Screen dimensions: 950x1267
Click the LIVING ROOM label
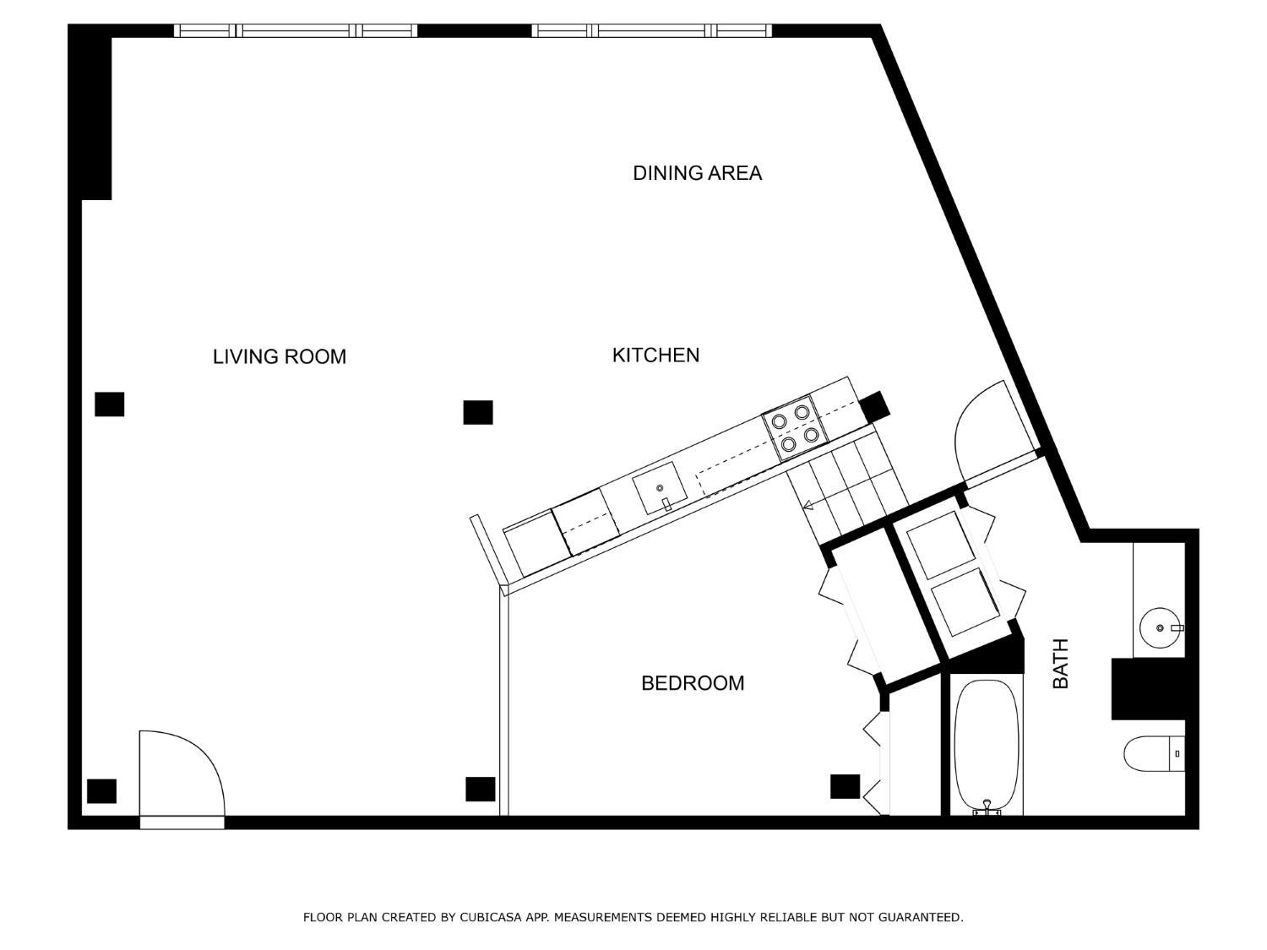point(279,356)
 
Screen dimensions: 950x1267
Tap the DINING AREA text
point(697,173)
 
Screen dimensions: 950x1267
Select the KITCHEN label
point(655,355)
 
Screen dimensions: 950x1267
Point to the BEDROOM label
point(693,682)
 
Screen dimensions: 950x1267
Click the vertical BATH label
point(1060,663)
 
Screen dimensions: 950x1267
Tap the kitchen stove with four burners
point(791,427)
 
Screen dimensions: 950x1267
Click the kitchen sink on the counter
point(660,488)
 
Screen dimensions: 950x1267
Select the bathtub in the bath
point(986,745)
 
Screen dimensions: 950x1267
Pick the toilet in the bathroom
point(1153,753)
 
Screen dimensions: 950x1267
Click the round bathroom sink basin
point(1160,627)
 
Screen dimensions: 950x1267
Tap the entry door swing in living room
point(181,773)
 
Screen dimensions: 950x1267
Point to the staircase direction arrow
point(808,506)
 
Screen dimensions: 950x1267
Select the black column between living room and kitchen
point(478,412)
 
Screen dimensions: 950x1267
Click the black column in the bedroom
point(845,786)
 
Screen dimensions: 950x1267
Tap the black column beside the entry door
point(102,791)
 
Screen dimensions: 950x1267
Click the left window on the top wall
point(296,30)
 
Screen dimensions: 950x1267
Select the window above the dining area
point(651,30)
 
